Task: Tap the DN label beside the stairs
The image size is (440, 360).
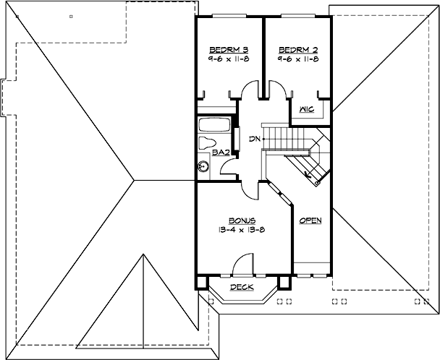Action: pyautogui.click(x=253, y=138)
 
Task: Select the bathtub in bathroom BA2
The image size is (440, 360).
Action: pyautogui.click(x=213, y=123)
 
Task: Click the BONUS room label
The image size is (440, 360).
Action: pyautogui.click(x=240, y=220)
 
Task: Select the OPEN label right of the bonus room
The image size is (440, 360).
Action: pyautogui.click(x=310, y=220)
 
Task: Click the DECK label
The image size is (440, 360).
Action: pyautogui.click(x=241, y=287)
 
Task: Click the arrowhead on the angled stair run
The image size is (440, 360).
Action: pyautogui.click(x=309, y=173)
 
